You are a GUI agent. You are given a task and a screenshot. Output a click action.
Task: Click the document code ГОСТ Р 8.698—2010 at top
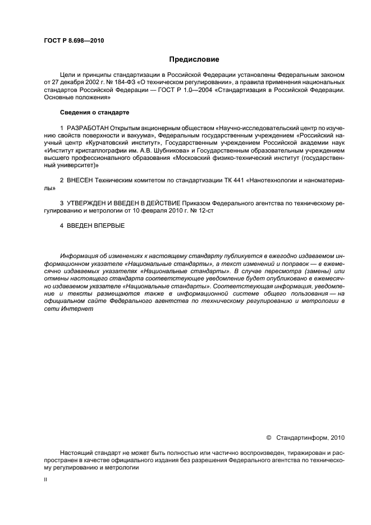coord(74,40)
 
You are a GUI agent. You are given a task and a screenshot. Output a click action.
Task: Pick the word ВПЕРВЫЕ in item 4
coord(107,225)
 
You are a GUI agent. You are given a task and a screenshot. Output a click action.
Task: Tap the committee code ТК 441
coord(232,182)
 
